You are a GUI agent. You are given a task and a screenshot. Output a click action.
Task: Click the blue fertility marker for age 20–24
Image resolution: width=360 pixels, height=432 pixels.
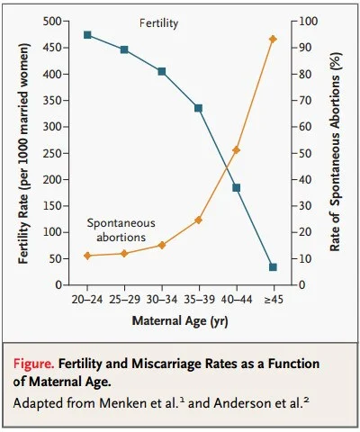tap(87, 35)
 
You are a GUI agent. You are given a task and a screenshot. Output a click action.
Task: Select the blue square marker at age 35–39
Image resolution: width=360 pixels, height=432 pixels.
tap(199, 108)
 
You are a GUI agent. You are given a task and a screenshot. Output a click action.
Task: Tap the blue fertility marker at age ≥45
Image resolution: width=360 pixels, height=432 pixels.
tap(273, 267)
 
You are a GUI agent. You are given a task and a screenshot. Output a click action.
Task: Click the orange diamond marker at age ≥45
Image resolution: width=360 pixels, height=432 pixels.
tap(273, 39)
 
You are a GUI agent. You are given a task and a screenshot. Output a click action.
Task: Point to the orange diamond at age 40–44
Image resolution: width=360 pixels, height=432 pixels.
tap(236, 150)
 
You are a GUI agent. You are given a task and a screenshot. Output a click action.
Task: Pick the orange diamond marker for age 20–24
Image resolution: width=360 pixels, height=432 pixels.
tap(87, 256)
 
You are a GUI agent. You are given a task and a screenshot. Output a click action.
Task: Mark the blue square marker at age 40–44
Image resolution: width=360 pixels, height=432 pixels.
tap(236, 187)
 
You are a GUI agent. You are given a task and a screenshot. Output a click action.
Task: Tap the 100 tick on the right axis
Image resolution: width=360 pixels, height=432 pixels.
tap(306, 22)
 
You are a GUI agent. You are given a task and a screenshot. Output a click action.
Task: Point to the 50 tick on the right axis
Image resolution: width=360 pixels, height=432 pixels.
tap(303, 153)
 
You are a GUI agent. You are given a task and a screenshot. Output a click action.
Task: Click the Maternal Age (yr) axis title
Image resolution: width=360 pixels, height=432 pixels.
tap(179, 319)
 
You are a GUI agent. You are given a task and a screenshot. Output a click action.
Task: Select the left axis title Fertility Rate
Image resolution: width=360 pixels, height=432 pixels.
tap(21, 153)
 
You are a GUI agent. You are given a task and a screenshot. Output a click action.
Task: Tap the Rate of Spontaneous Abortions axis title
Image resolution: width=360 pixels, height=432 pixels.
tap(337, 153)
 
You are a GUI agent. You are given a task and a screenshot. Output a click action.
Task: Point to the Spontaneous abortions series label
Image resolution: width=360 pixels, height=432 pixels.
tap(121, 229)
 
